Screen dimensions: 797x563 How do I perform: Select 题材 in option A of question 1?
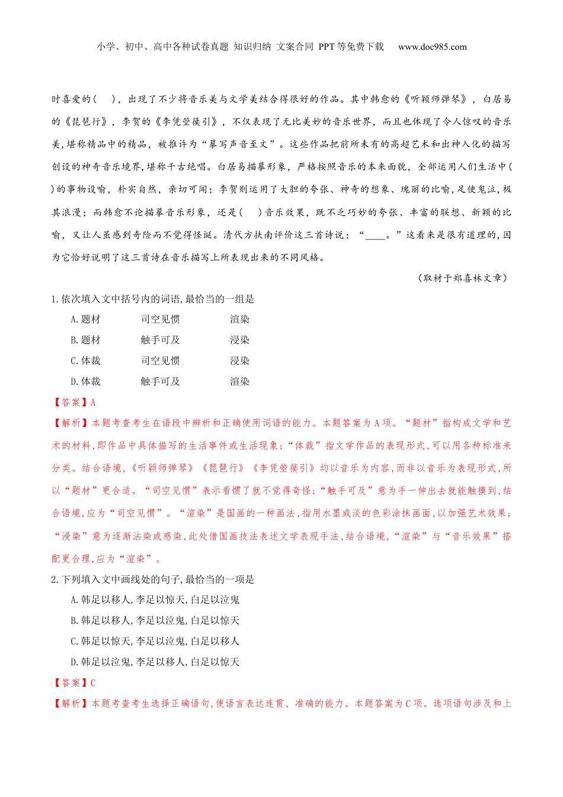click(x=91, y=320)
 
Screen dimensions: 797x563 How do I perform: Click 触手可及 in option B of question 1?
click(x=160, y=340)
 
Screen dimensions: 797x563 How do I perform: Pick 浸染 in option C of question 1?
click(x=239, y=361)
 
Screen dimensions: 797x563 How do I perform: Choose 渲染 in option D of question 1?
click(x=239, y=382)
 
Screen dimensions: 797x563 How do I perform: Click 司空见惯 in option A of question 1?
click(x=160, y=320)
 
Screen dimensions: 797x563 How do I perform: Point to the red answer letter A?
click(x=93, y=403)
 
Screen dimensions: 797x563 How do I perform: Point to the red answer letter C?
click(x=93, y=683)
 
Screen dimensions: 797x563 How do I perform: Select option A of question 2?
click(x=155, y=600)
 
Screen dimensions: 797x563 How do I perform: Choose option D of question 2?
click(x=155, y=662)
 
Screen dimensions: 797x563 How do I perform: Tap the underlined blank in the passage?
click(x=375, y=235)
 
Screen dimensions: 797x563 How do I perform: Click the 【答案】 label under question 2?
click(x=70, y=683)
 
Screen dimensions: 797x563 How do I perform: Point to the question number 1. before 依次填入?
click(x=55, y=299)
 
